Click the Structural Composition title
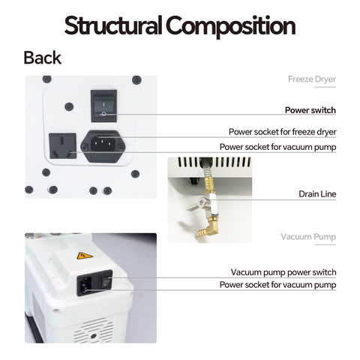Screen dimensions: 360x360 180,25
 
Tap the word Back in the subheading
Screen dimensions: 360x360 43,58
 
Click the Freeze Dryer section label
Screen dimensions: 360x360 312,79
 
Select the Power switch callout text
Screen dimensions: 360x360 310,110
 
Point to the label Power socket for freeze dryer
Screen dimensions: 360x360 282,132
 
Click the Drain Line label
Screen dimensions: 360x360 317,194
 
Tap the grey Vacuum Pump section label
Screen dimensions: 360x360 308,237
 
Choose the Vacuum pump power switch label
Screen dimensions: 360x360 283,272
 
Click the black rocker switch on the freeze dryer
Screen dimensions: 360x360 103,106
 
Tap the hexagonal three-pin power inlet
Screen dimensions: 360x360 103,146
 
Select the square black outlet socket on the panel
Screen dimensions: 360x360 62,146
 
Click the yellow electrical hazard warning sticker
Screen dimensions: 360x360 85,256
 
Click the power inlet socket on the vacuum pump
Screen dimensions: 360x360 85,285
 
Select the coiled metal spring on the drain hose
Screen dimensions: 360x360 206,169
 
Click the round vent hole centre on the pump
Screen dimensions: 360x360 94,336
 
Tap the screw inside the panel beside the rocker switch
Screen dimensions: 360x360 69,106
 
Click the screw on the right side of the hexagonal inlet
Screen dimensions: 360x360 121,148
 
